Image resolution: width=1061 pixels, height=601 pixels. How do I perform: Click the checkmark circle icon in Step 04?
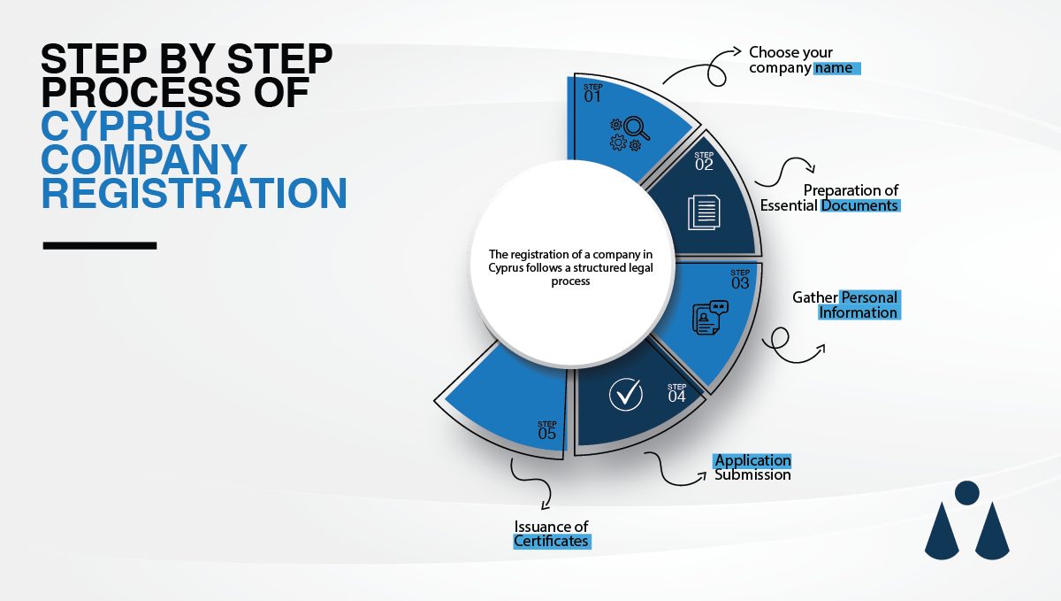(626, 394)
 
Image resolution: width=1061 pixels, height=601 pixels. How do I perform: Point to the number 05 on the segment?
(547, 434)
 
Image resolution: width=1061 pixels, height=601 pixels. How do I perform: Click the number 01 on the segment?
(592, 96)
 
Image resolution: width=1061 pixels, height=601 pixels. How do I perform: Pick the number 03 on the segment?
(740, 283)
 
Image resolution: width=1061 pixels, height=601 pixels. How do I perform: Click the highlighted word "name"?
(837, 67)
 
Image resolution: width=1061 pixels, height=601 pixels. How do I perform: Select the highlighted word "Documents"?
(860, 205)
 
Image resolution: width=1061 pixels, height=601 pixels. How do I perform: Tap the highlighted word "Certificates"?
(551, 541)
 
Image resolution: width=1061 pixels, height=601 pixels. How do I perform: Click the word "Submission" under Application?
(752, 475)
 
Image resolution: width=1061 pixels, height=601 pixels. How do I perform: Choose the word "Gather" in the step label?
(814, 297)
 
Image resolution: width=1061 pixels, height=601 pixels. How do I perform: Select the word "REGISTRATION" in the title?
(194, 193)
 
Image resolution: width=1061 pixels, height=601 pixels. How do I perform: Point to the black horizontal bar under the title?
(100, 245)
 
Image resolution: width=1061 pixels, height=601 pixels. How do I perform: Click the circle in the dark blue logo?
(967, 493)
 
